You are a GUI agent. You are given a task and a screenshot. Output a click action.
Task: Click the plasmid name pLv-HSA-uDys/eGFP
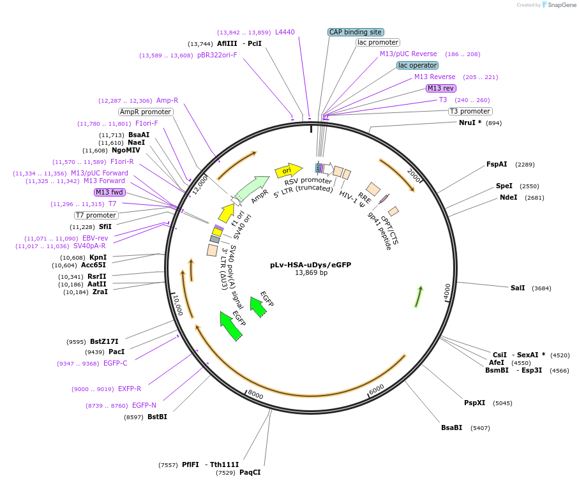[x=310, y=264]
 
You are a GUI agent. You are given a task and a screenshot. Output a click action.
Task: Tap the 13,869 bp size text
[x=310, y=273]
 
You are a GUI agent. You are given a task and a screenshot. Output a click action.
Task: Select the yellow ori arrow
[x=288, y=170]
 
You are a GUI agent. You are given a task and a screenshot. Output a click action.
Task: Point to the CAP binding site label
[x=356, y=32]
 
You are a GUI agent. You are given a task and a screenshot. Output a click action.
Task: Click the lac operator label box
[x=417, y=65]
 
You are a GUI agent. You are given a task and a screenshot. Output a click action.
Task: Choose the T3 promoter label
[x=470, y=111]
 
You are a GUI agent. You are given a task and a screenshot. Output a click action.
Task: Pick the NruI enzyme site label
[x=470, y=123]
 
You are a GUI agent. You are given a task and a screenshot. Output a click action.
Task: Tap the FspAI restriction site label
[x=497, y=165]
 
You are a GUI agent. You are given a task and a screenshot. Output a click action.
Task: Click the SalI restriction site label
[x=517, y=288]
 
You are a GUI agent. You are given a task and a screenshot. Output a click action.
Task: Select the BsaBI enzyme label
[x=451, y=427]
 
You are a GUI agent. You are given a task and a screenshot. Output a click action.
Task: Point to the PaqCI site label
[x=250, y=472]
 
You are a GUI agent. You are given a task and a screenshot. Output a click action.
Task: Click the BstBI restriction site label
[x=157, y=417]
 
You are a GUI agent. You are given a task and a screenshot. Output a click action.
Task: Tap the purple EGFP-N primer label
[x=144, y=405]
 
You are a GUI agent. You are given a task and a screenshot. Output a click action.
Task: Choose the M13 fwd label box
[x=109, y=192]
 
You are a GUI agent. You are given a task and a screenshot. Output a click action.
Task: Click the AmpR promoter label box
[x=146, y=112]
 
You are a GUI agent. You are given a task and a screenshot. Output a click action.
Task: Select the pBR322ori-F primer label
[x=217, y=56]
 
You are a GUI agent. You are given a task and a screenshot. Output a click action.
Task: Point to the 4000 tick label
[x=447, y=291]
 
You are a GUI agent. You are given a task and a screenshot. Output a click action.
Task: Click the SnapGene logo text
[x=559, y=5]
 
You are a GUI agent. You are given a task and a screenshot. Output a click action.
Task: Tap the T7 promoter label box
[x=96, y=215]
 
